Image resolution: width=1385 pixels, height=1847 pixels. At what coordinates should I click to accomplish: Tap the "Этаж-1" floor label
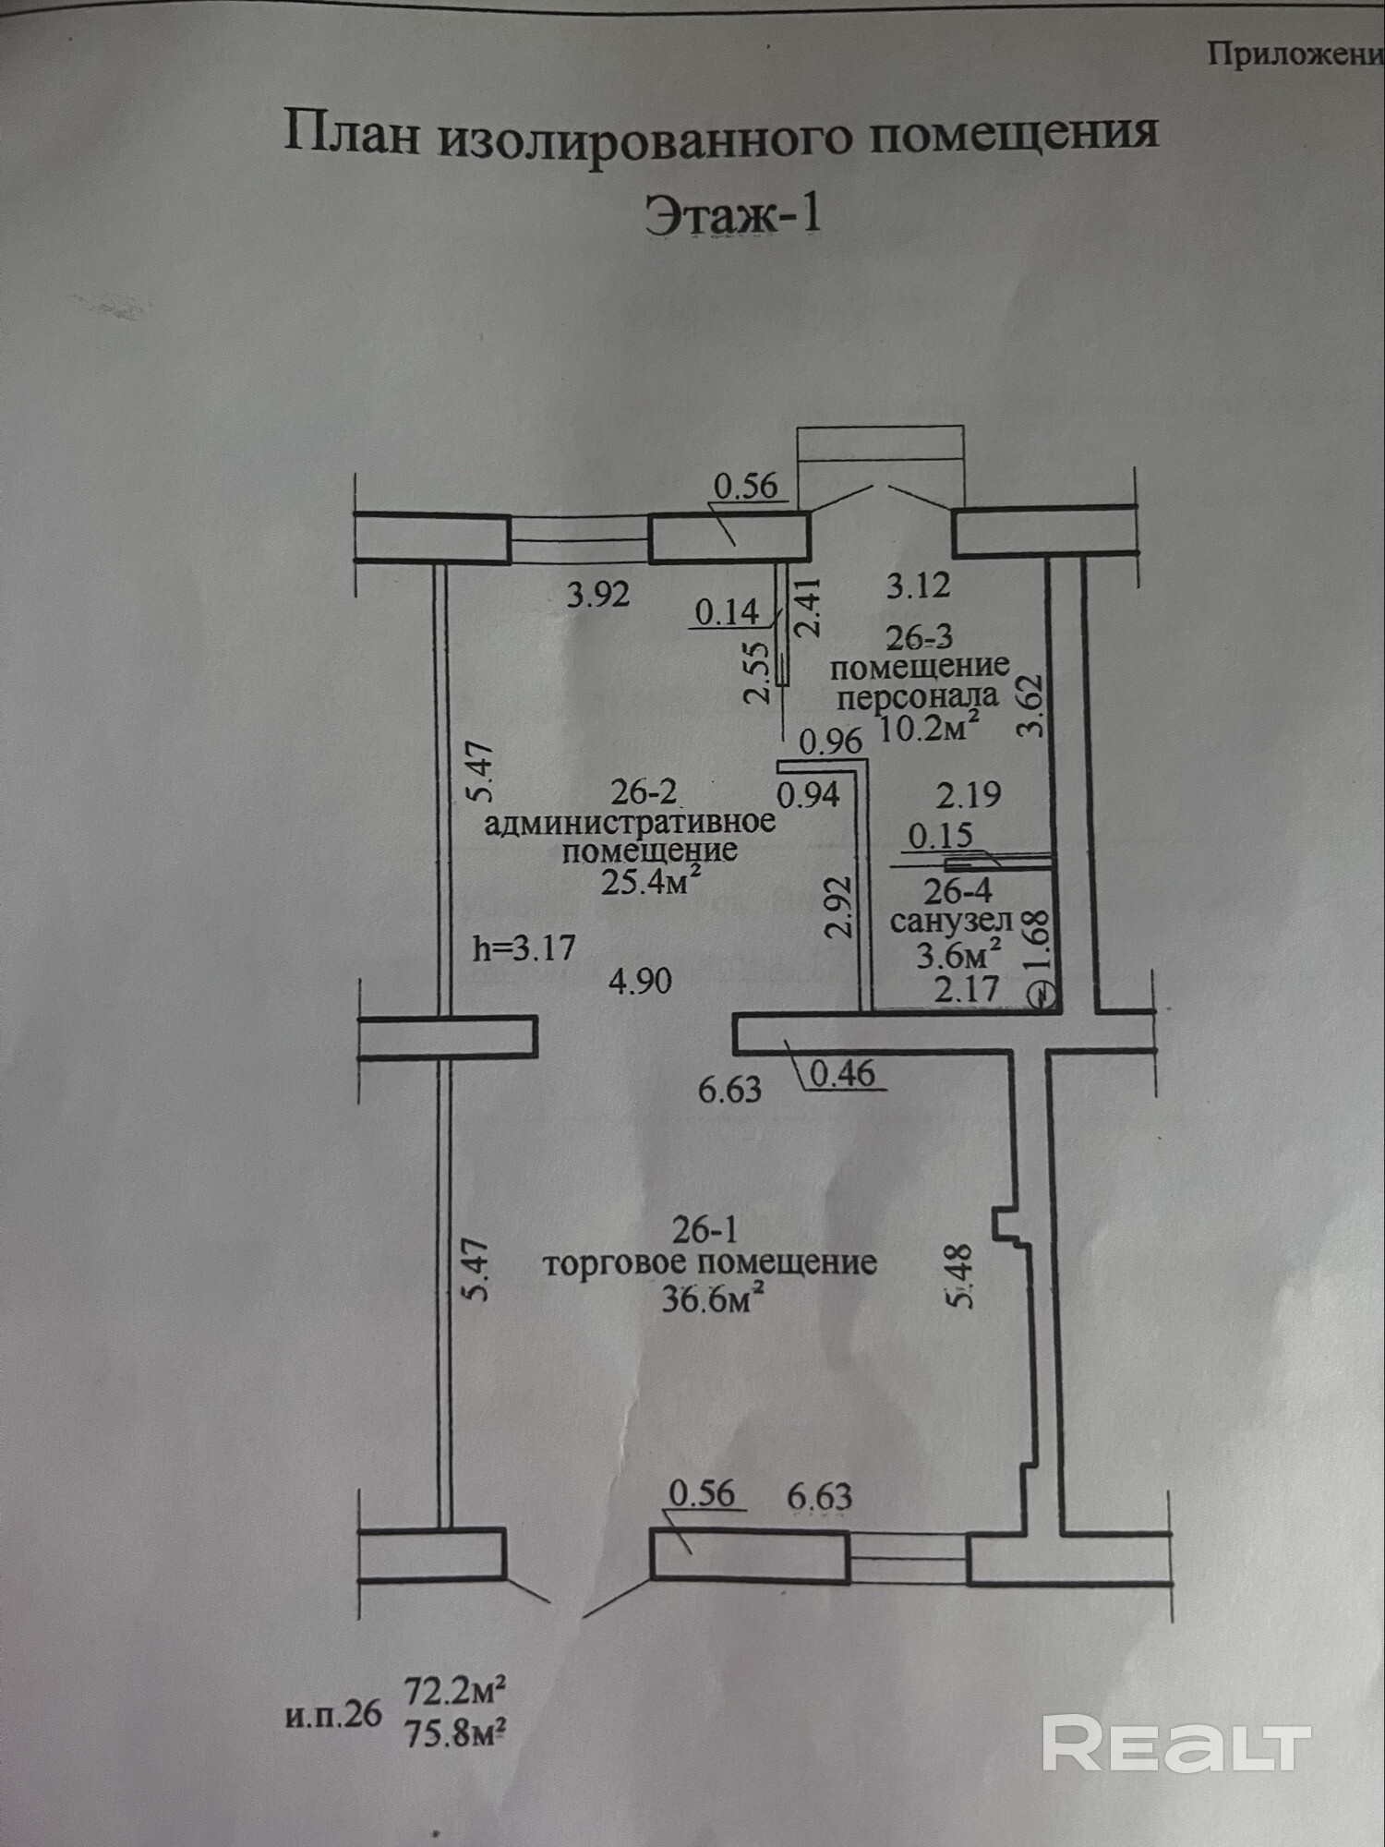click(x=732, y=215)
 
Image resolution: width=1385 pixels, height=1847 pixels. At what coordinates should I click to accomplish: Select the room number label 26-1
click(x=705, y=1229)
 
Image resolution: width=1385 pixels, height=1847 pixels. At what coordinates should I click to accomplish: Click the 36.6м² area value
click(x=712, y=1299)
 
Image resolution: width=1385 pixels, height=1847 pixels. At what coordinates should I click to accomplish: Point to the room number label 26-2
click(x=644, y=791)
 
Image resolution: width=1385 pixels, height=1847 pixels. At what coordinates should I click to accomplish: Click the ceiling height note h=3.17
click(x=524, y=948)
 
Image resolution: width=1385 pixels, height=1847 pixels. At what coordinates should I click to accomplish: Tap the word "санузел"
click(x=951, y=921)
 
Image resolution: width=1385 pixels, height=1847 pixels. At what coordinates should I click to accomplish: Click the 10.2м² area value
click(x=927, y=729)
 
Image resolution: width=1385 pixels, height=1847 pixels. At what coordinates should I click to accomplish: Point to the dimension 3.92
click(x=598, y=594)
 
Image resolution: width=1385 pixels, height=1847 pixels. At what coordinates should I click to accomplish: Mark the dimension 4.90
click(x=640, y=981)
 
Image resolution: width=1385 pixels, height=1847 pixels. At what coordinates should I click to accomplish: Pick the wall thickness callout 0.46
click(x=842, y=1073)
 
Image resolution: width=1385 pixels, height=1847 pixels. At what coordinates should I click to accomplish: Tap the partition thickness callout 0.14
click(x=727, y=611)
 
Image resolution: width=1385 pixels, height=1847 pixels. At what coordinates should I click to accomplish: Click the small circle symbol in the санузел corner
click(x=1042, y=996)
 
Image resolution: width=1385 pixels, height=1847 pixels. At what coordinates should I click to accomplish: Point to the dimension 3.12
click(x=918, y=585)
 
